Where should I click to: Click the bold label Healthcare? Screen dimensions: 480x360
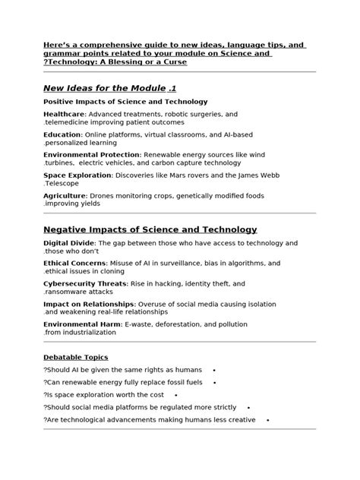point(64,114)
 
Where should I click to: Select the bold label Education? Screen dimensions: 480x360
point(62,134)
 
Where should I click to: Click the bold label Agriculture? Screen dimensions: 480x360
point(65,195)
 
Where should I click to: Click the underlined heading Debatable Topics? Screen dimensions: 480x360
point(75,357)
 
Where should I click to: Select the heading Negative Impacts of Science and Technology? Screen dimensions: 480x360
point(150,229)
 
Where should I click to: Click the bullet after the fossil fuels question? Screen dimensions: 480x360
point(215,383)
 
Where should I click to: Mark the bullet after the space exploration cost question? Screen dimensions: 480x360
point(175,395)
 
